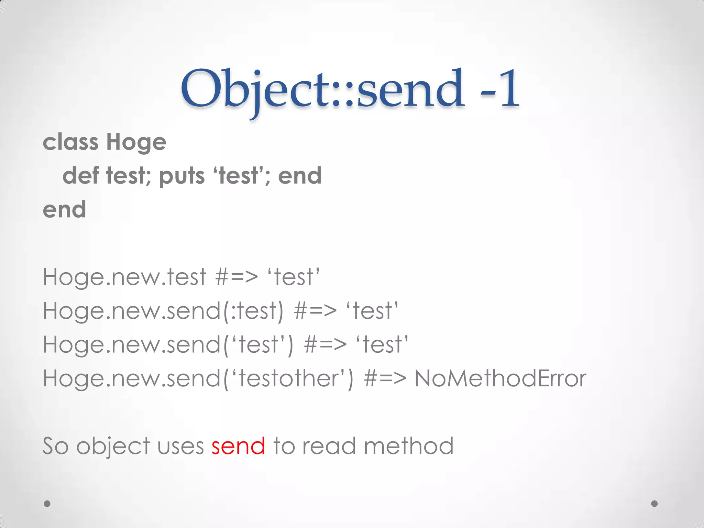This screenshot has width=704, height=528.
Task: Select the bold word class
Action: click(x=70, y=142)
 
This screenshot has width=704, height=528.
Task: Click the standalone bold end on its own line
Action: click(x=64, y=209)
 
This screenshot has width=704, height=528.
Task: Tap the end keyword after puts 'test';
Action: click(x=299, y=176)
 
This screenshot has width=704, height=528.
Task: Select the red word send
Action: click(x=238, y=446)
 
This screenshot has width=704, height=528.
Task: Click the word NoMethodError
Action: click(x=500, y=378)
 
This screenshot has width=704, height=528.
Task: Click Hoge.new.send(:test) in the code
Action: click(x=163, y=311)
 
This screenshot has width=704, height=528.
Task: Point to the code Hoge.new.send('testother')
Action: click(x=198, y=379)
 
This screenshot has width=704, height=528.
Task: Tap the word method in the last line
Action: click(x=408, y=446)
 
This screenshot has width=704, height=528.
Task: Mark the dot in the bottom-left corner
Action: click(x=47, y=504)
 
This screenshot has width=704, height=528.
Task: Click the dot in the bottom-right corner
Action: click(x=654, y=504)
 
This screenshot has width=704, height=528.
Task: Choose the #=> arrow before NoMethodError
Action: click(x=385, y=378)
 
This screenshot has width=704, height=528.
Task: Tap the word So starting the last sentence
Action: click(x=55, y=446)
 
